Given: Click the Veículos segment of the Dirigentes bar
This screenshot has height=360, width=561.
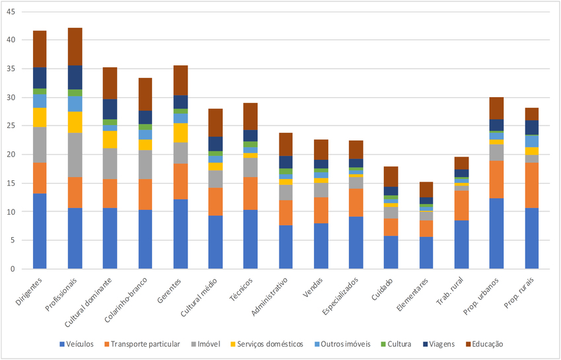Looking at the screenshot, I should click(x=40, y=231).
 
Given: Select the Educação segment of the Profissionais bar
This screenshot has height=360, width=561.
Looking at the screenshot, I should click(x=75, y=46).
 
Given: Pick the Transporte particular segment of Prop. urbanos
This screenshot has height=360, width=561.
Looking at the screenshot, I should click(x=496, y=179).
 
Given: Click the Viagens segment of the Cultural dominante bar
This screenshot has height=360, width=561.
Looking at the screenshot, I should click(x=110, y=109).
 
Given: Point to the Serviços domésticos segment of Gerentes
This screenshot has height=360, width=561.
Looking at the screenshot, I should click(x=180, y=132).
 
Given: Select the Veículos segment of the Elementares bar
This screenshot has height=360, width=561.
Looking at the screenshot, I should click(x=426, y=253).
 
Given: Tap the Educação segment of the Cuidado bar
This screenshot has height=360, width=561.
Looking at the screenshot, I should click(x=391, y=176).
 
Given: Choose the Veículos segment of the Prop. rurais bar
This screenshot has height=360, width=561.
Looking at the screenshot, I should click(x=531, y=238).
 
